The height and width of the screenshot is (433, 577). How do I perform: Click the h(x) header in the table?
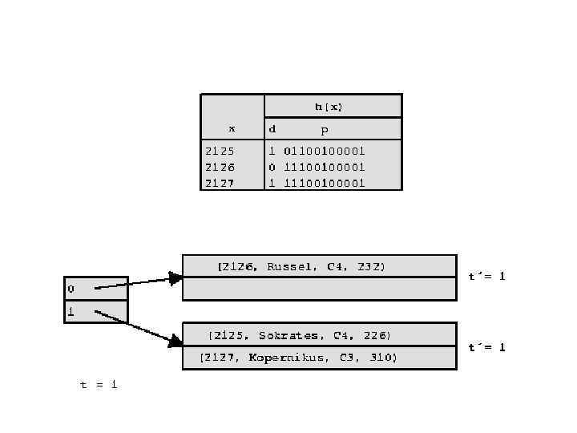click(329, 106)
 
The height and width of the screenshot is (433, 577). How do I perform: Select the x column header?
click(232, 128)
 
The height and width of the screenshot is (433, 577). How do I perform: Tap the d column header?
click(272, 128)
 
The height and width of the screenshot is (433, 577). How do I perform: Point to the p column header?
click(325, 130)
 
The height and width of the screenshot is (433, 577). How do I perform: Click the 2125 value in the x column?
click(220, 151)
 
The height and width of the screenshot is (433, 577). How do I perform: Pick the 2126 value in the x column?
click(220, 167)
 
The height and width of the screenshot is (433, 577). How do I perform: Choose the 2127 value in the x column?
click(220, 183)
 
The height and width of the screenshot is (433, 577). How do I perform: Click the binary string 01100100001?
click(325, 151)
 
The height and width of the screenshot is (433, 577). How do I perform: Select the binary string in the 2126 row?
click(325, 167)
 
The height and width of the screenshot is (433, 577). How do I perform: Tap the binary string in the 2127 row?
click(325, 183)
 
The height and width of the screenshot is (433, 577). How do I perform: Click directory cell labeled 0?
click(95, 288)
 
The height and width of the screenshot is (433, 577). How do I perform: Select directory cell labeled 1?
click(95, 311)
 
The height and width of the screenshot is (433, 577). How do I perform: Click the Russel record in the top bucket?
click(301, 266)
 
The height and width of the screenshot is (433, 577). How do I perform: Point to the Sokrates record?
click(300, 334)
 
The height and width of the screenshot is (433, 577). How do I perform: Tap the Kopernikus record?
click(298, 358)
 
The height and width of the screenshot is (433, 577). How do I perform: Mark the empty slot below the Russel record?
click(319, 289)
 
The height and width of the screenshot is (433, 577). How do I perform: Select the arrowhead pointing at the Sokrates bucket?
click(175, 342)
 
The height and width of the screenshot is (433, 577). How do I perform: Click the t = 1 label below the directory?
click(99, 385)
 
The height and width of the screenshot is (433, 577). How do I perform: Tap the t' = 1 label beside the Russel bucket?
click(487, 276)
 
